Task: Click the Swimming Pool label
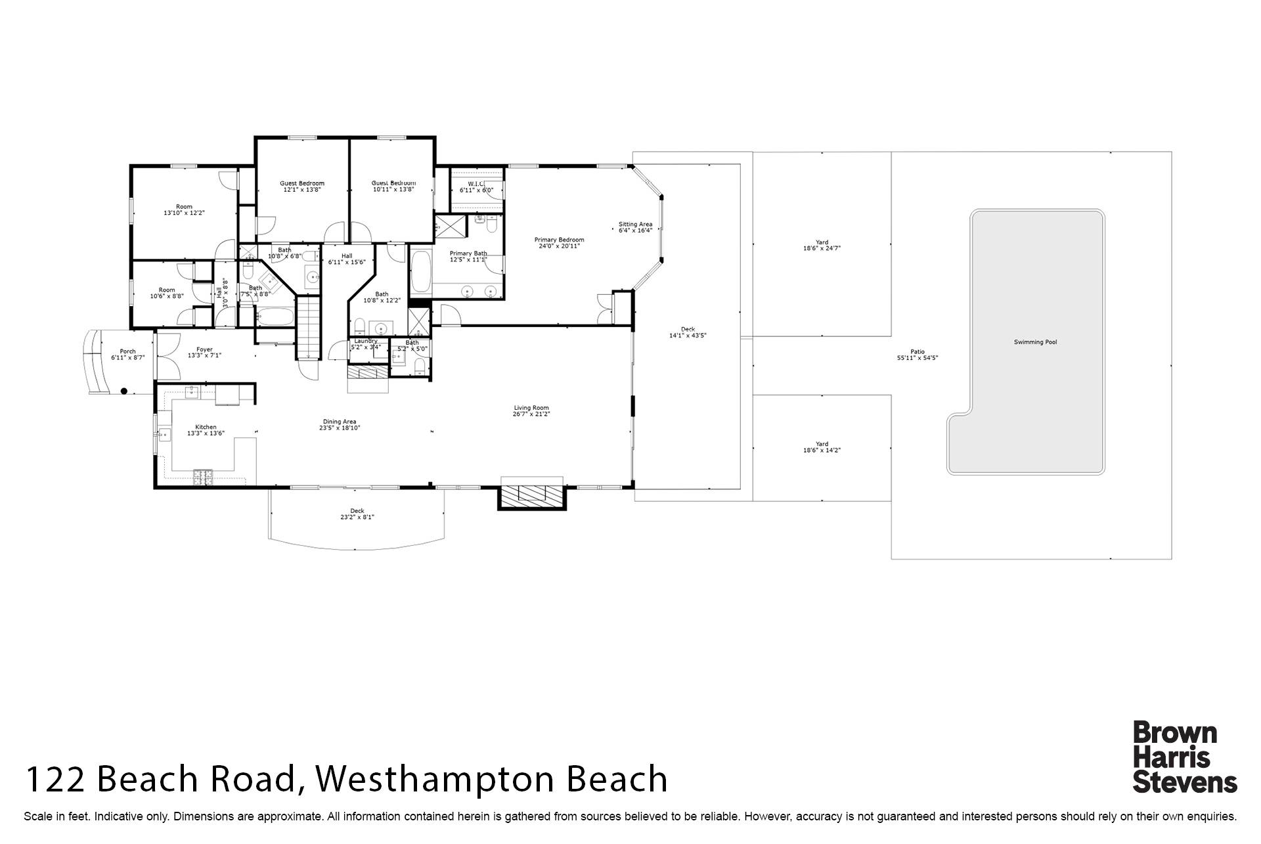tap(1035, 342)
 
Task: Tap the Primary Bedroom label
tap(559, 240)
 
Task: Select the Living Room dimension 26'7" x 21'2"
tap(531, 414)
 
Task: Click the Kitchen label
tap(206, 427)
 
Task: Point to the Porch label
tap(127, 351)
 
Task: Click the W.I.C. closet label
tap(476, 183)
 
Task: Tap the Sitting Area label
tap(635, 224)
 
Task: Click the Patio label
tap(918, 352)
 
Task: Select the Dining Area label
tap(340, 422)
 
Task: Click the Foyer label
tap(204, 349)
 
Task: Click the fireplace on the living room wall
tap(531, 494)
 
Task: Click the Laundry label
tap(366, 341)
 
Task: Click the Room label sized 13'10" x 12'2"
tap(184, 206)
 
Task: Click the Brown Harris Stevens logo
tap(1184, 757)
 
